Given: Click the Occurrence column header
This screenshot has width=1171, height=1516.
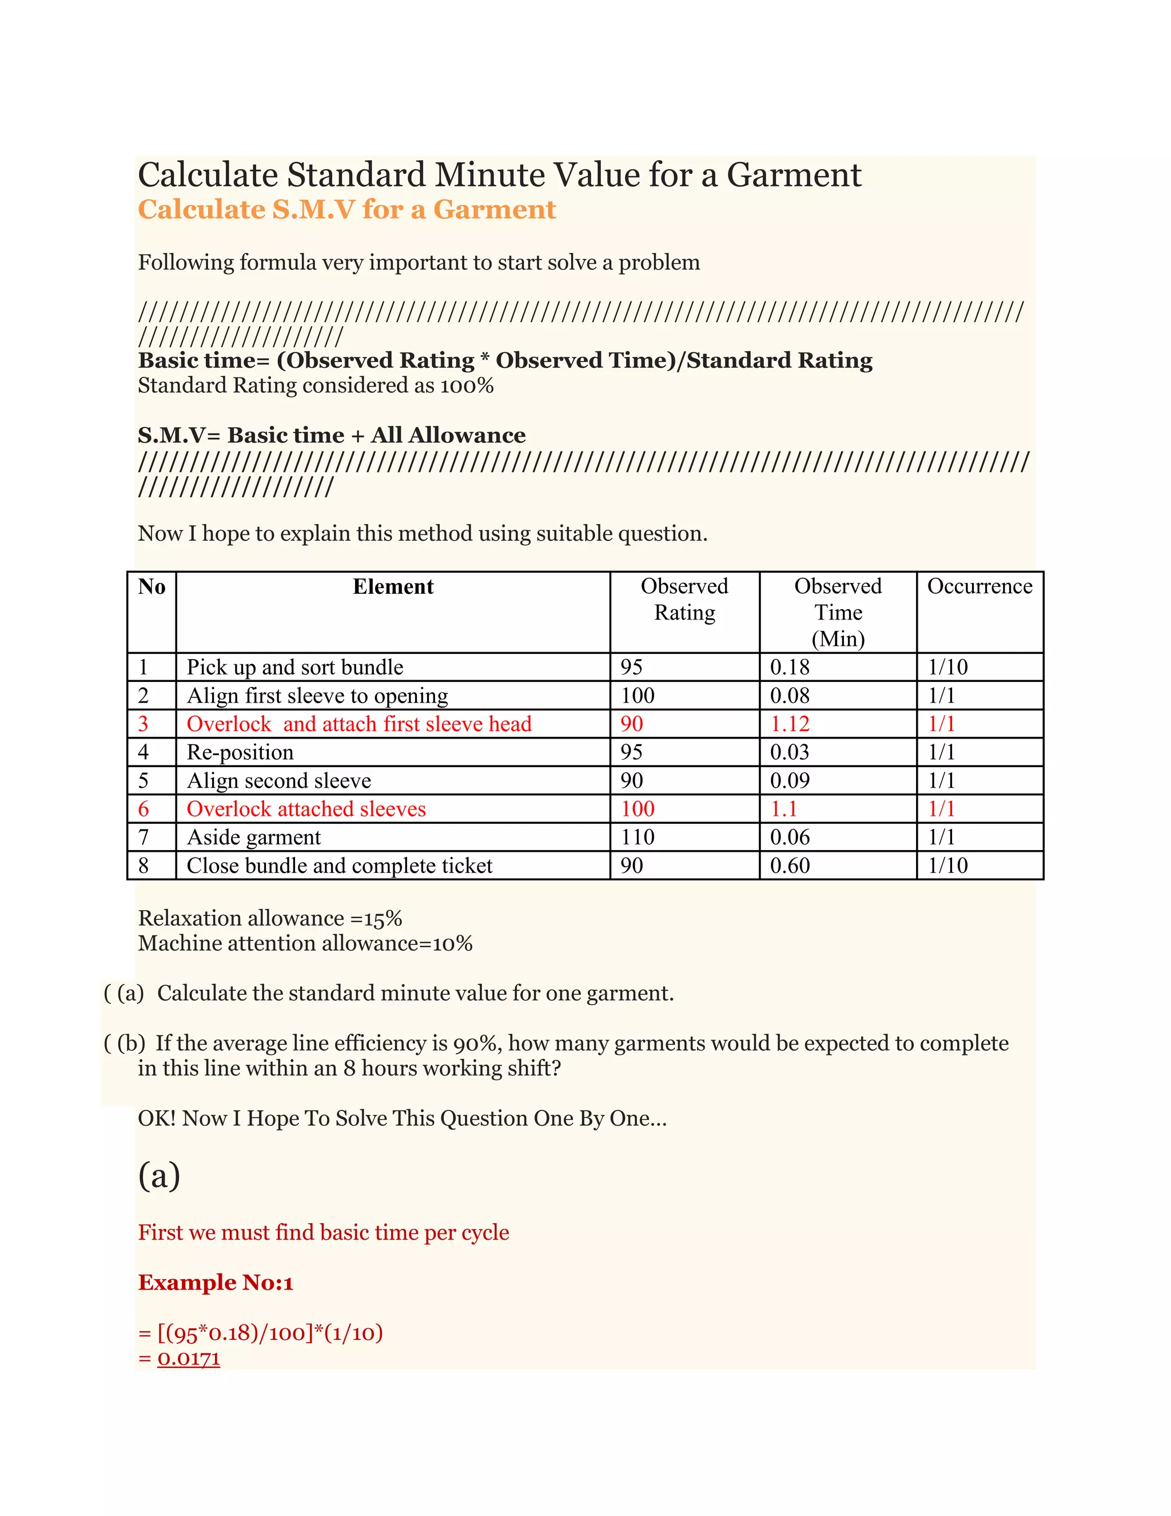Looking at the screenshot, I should [x=979, y=586].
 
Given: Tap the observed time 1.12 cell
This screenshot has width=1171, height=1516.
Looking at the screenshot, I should [x=790, y=724].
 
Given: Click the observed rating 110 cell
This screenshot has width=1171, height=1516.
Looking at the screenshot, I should [x=637, y=837].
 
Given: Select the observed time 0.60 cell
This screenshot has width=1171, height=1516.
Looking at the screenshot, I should [x=790, y=866].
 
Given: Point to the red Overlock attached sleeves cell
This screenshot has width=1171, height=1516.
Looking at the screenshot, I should [x=306, y=809].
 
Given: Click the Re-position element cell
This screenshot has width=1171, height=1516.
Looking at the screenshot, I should [x=240, y=752].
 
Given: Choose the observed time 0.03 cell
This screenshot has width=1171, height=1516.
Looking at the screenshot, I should [x=790, y=752].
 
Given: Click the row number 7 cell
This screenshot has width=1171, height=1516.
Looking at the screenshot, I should [x=144, y=837].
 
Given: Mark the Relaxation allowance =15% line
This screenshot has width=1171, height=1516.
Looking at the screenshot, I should [x=270, y=918].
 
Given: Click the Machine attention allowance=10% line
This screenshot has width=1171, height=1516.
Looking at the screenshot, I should [x=305, y=943].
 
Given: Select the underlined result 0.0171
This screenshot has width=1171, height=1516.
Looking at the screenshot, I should [x=189, y=1359].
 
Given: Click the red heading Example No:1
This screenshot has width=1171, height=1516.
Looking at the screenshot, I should [x=216, y=1283].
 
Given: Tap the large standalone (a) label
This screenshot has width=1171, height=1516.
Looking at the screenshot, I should [x=160, y=1175].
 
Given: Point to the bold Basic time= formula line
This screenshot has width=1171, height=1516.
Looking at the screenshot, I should [x=505, y=360].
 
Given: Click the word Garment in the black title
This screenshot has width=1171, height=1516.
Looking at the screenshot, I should [x=794, y=175].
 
